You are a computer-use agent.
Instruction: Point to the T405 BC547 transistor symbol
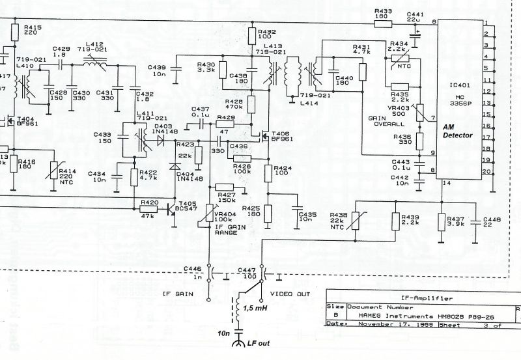pos(173,210)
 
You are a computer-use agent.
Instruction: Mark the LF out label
pos(259,343)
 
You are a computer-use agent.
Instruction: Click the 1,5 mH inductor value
pos(256,308)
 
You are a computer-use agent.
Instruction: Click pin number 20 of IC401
pos(485,171)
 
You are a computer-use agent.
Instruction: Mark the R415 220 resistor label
pos(33,29)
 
